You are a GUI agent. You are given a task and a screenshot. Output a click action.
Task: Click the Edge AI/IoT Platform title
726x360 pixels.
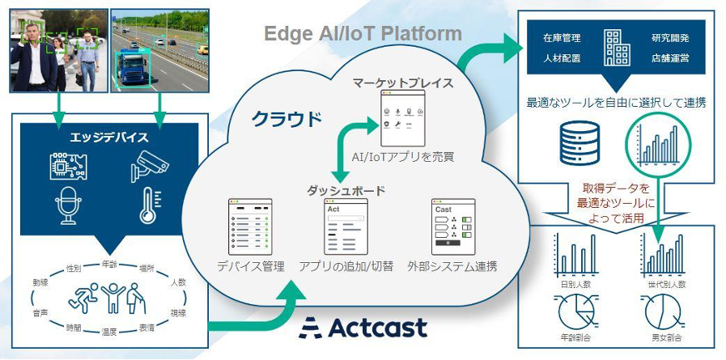coord(363,34)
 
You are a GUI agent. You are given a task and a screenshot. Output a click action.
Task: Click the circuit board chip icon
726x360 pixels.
coord(66,165)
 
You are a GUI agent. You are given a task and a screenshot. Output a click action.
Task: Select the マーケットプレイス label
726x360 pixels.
coord(402,83)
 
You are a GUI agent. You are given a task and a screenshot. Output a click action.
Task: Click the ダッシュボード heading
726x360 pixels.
coord(346,191)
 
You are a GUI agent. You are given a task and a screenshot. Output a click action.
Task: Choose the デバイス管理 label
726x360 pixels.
coord(248,265)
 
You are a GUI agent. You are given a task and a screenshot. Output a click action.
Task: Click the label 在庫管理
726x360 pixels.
coord(562,38)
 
